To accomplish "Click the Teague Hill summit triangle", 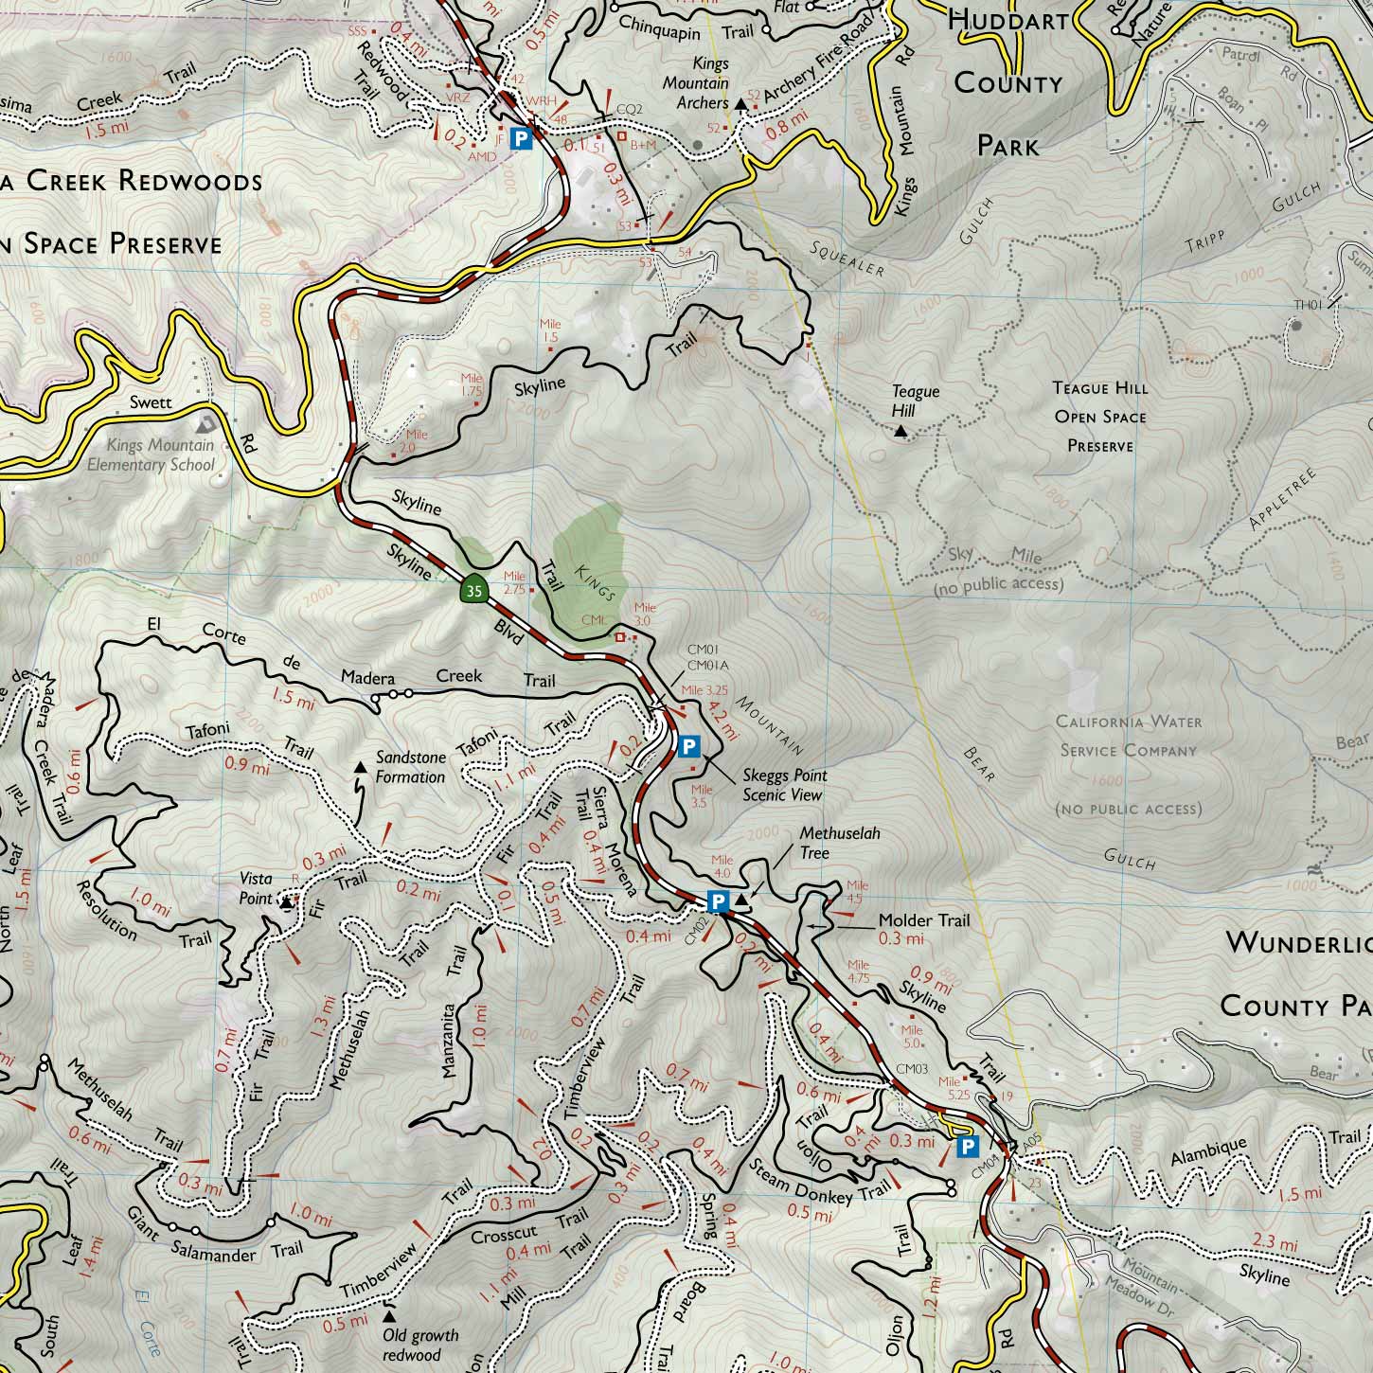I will point(900,432).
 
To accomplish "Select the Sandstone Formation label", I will point(410,768).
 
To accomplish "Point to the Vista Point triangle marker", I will point(286,902).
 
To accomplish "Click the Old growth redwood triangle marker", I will point(389,1315).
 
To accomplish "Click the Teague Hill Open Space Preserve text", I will point(1099,417).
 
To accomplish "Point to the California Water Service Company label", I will point(1128,737).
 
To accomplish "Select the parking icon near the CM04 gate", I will point(967,1148).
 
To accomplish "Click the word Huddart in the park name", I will point(1007,20).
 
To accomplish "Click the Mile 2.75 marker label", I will point(515,581).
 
